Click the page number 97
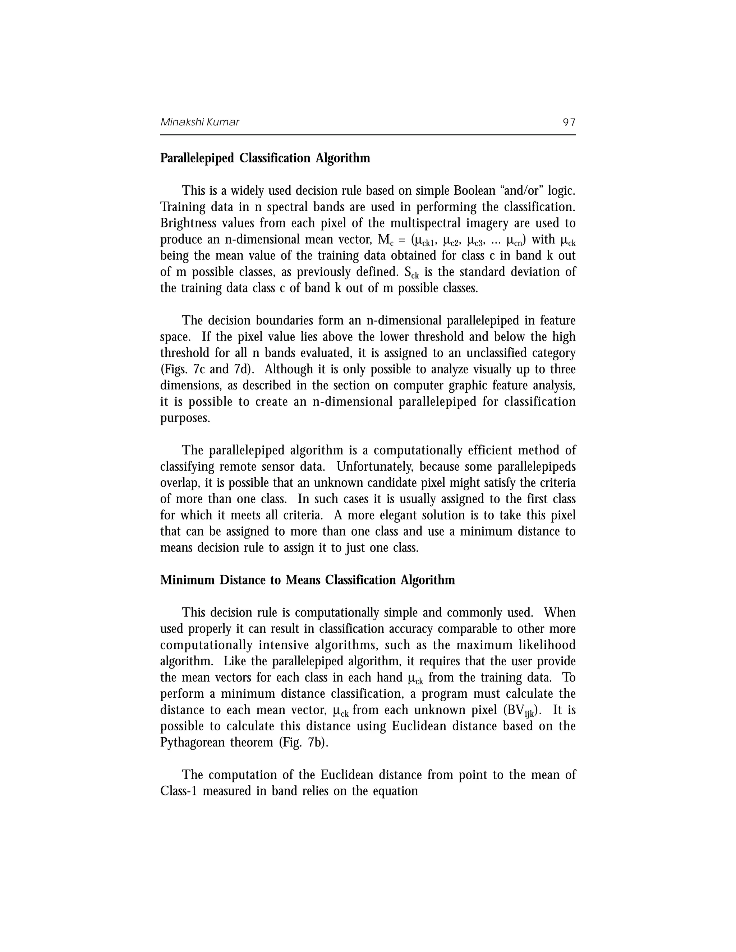(x=569, y=122)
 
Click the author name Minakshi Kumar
(x=200, y=122)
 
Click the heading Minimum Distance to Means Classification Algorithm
(x=307, y=580)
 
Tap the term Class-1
(x=179, y=791)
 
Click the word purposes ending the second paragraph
(x=185, y=418)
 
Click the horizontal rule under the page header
(x=368, y=135)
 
